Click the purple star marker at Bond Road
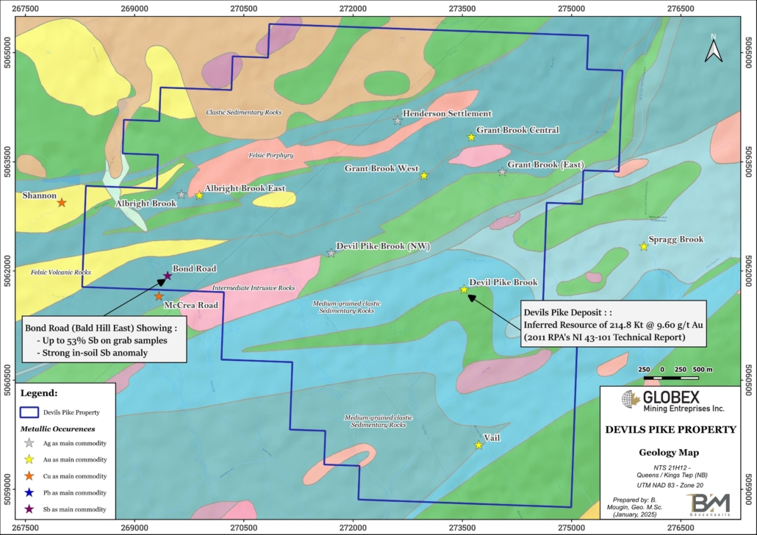(168, 276)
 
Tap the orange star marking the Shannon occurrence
(62, 202)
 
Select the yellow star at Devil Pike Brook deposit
(464, 290)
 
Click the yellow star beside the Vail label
(478, 445)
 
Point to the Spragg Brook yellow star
(643, 247)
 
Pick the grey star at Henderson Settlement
(398, 120)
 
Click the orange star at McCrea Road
(159, 296)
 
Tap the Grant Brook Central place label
(517, 130)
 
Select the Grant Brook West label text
(381, 168)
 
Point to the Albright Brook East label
(245, 189)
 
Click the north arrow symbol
(712, 49)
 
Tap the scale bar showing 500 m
(671, 378)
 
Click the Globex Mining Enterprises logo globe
(629, 400)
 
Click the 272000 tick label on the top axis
(354, 7)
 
